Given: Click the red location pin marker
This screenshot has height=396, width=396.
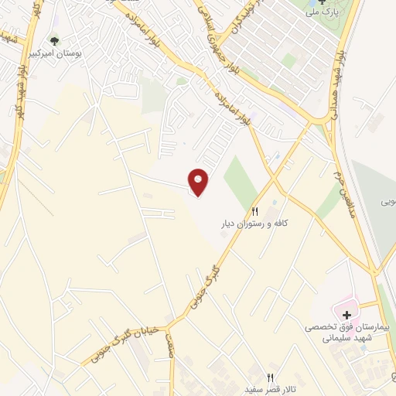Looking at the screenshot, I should pos(199,183).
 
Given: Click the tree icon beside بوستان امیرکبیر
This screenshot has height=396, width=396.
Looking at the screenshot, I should pos(54,39).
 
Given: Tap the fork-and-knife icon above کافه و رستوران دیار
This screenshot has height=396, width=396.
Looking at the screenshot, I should pos(255,211).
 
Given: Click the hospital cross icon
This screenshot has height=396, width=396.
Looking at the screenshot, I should pos(347,316).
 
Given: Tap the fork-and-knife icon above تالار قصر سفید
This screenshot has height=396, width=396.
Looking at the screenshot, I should pos(270,377).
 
